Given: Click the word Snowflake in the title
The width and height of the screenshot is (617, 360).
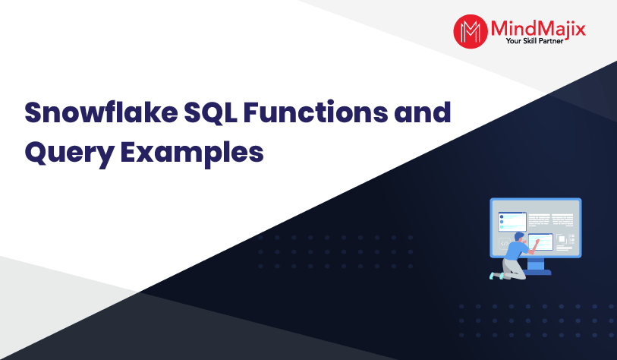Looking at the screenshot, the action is pos(101,112).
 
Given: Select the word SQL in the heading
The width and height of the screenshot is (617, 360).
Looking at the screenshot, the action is pos(210,113).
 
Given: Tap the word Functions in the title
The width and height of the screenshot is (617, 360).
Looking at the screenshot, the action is pos(316,112).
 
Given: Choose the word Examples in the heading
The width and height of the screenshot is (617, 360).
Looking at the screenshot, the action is pos(192,153).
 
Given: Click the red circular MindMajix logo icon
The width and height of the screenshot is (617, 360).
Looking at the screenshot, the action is pos(471,31).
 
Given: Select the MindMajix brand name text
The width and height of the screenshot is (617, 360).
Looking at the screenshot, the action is pos(538,28).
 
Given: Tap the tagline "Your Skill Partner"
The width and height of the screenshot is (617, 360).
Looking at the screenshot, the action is pos(534,41).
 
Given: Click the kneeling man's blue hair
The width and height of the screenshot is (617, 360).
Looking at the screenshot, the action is pos(519,236).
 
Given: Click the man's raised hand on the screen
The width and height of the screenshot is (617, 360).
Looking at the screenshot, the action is pos(537,241).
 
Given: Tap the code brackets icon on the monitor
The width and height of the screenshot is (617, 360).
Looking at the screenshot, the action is pos(504,244).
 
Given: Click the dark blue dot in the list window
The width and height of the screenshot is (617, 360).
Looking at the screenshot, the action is pos(502,217).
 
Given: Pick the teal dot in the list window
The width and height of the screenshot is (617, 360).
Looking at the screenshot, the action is pos(502,227).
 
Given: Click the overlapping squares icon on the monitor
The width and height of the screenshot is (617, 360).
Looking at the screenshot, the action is pos(561,239).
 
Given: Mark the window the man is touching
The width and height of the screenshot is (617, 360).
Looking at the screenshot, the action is pos(540,242).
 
